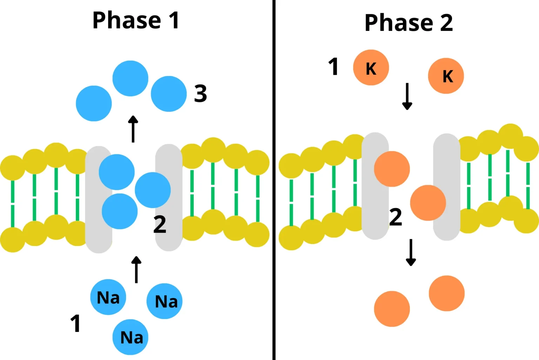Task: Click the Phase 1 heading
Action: (x=136, y=20)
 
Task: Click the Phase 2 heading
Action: (x=408, y=23)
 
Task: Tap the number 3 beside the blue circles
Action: (x=200, y=94)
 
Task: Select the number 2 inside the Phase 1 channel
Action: (x=160, y=225)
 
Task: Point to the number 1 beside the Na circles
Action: (x=75, y=323)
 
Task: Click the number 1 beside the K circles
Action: (x=333, y=67)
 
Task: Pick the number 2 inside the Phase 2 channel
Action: (x=395, y=217)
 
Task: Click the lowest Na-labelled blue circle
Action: (x=130, y=337)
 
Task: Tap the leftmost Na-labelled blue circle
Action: (x=108, y=297)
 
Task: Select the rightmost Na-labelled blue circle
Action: (x=165, y=301)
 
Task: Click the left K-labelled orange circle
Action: (x=371, y=67)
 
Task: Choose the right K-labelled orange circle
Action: (x=446, y=76)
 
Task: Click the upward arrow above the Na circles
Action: (x=136, y=269)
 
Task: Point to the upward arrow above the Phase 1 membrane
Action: (x=133, y=129)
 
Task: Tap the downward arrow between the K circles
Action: (x=407, y=96)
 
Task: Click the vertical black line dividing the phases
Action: (x=274, y=180)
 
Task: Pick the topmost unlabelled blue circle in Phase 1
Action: (x=130, y=78)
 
